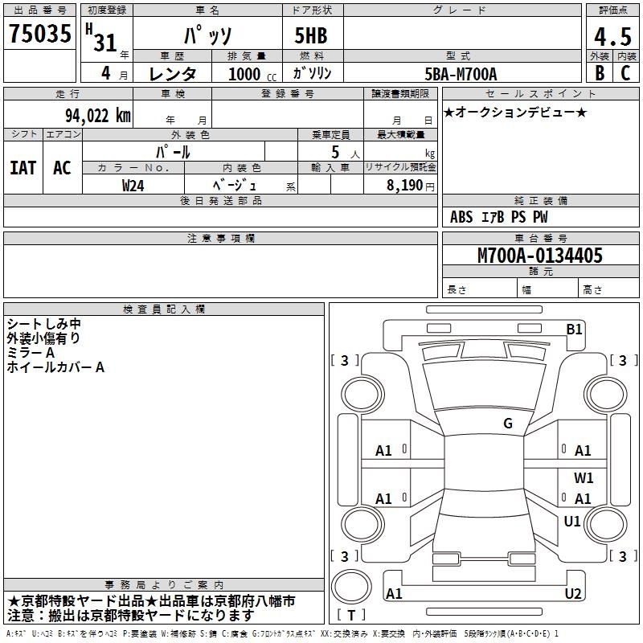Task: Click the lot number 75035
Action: tap(39, 33)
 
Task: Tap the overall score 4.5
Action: tap(612, 37)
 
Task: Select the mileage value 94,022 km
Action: tap(98, 116)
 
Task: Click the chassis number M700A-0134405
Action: tap(540, 255)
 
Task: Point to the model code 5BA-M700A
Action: tap(461, 74)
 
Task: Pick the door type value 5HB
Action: tap(311, 35)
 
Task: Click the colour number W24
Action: tap(133, 186)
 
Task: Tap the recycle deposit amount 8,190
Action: tap(404, 186)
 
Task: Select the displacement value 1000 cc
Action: tap(252, 74)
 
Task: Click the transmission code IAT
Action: tap(23, 168)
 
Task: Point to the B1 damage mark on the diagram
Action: tap(574, 330)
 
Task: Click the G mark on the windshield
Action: tap(508, 424)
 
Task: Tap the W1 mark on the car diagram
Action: tap(584, 477)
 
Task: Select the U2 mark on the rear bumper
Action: tap(573, 593)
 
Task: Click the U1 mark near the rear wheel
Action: tap(572, 521)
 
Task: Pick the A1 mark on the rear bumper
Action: tap(394, 593)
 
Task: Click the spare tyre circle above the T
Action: tap(351, 586)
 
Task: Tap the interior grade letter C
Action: tap(625, 73)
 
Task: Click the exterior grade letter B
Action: tap(600, 73)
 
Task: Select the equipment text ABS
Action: tap(461, 217)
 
